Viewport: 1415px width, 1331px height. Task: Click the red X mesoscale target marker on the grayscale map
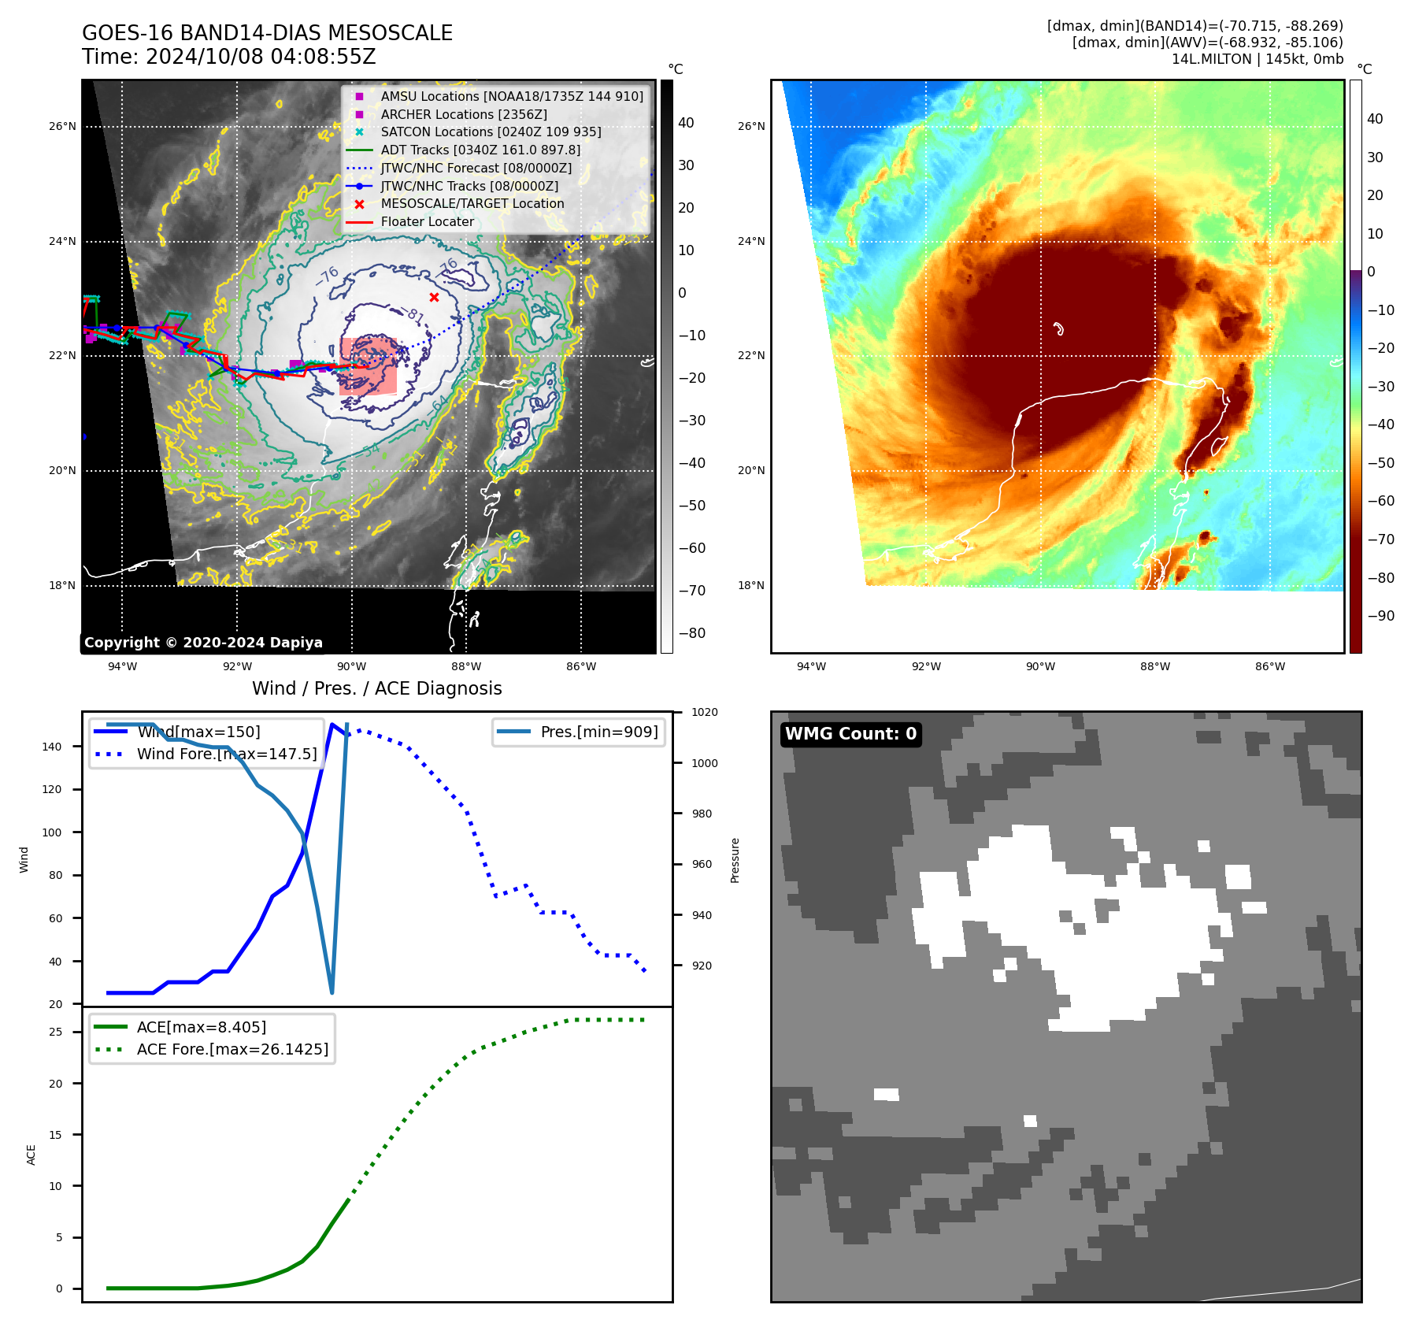coord(434,297)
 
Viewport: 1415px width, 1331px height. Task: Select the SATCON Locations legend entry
coord(490,132)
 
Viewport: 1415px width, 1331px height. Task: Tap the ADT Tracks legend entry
coord(480,150)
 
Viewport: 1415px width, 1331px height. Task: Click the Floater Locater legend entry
coord(427,222)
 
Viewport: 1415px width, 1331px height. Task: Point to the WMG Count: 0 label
coord(850,734)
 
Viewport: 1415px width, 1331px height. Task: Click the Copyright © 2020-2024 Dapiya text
coord(203,643)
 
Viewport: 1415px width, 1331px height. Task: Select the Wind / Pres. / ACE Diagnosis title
coord(376,688)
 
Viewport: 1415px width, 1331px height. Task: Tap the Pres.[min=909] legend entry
coord(598,732)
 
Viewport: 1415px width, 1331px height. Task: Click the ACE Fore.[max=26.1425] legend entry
coord(232,1049)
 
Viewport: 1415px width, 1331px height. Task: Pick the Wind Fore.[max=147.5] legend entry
coord(226,754)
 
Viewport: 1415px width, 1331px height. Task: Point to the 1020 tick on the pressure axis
coord(704,712)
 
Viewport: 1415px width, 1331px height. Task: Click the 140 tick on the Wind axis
coord(51,747)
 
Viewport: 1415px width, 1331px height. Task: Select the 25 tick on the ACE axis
coord(55,1032)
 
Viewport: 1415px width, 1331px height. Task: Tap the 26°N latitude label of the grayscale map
coord(63,126)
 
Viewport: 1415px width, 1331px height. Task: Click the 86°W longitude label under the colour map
coord(1269,666)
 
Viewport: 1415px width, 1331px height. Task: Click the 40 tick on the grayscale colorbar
coord(686,123)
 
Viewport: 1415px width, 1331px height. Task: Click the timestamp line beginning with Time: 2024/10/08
coord(228,57)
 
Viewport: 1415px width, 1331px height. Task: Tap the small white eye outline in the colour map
coord(1058,328)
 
